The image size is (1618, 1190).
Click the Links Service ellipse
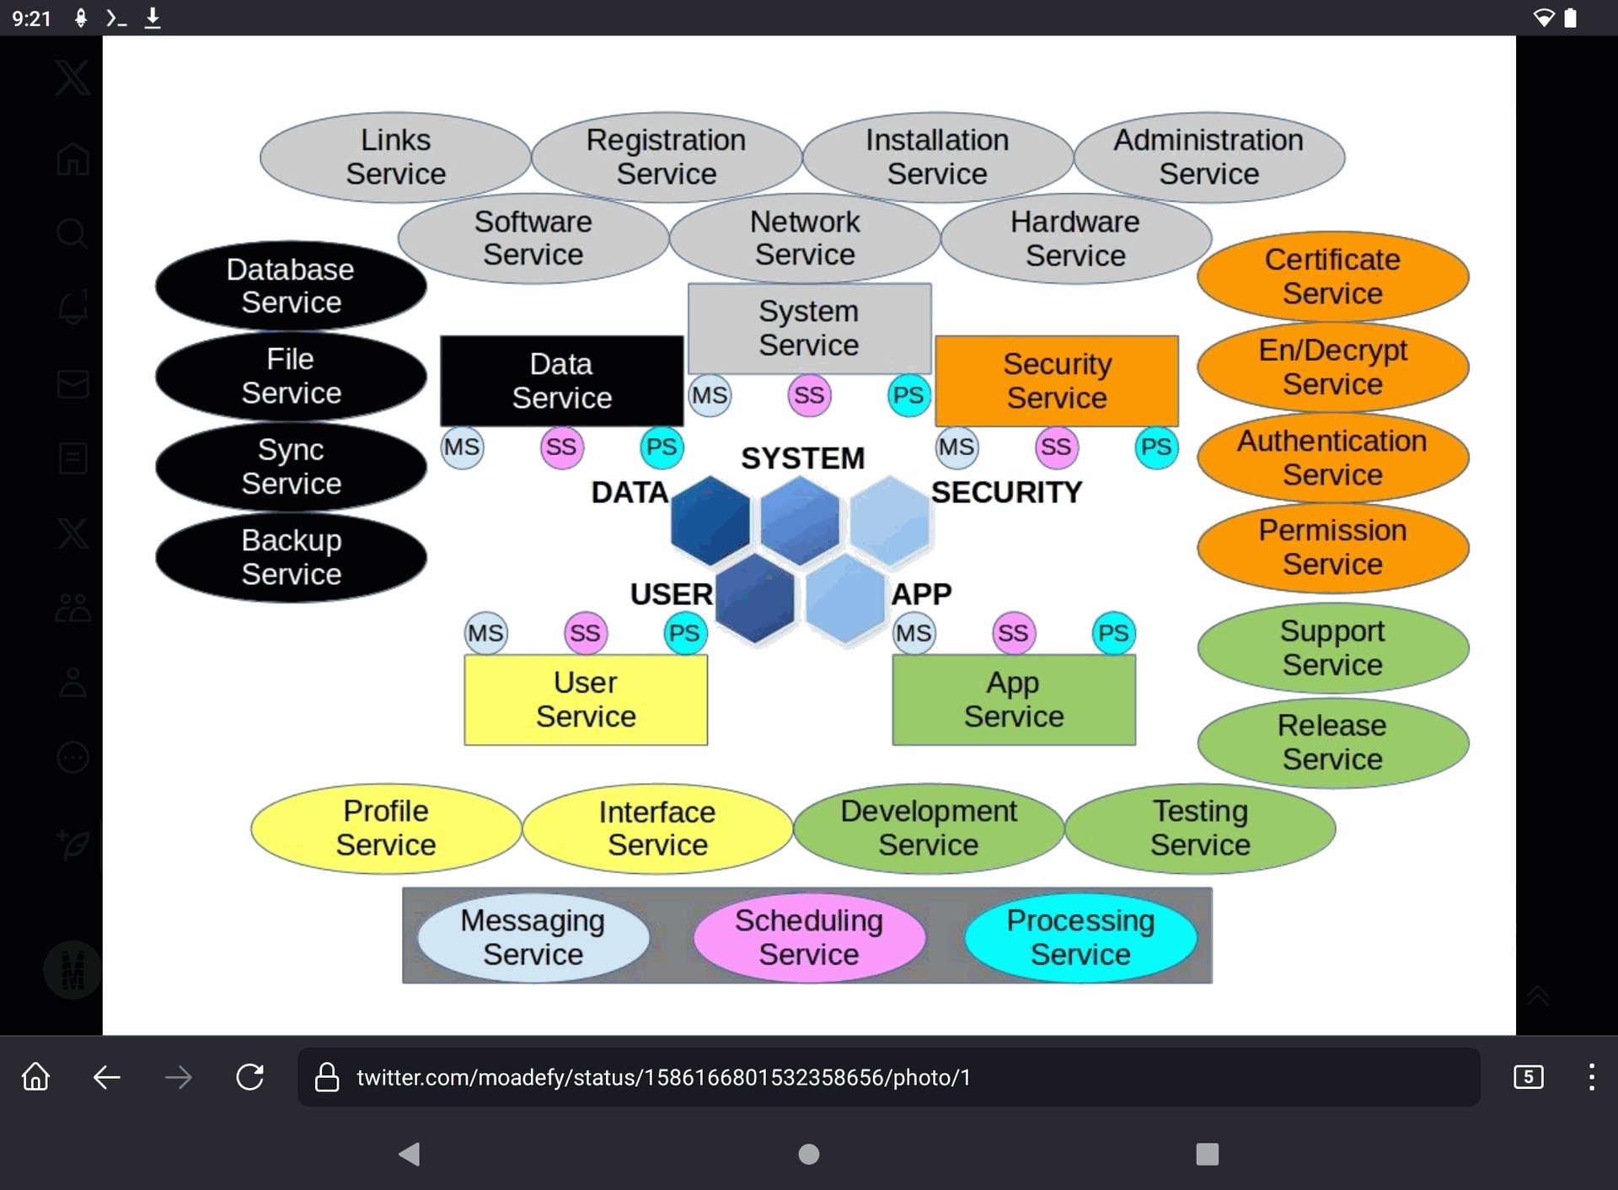pos(395,157)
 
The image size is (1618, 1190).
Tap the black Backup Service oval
pos(291,557)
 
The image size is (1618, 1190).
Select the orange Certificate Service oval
pos(1332,276)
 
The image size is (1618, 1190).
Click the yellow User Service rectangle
pos(586,700)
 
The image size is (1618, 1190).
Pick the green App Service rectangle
pos(1014,700)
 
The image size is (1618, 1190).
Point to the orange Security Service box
pos(1057,381)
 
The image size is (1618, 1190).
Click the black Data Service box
pos(561,381)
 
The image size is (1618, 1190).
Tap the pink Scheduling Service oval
pos(809,937)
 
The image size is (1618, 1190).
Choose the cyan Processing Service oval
pos(1080,937)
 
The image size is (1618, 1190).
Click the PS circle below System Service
pos(908,395)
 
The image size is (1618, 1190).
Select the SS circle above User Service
pos(585,633)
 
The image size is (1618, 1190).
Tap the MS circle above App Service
pos(913,633)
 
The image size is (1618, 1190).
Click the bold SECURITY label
pos(1006,492)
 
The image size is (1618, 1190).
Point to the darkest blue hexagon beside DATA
pos(710,520)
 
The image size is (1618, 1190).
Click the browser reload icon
pos(250,1077)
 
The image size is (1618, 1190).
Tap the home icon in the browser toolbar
pos(35,1077)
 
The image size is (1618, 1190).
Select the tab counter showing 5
pos(1528,1077)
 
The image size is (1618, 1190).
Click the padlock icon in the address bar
pos(327,1077)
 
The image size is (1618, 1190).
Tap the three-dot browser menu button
pos(1591,1077)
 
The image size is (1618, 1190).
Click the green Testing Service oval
pos(1200,828)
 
